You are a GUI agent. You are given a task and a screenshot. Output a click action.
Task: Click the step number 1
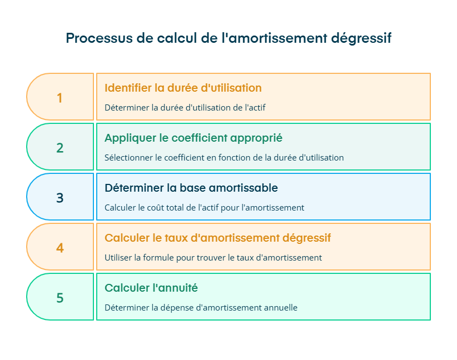click(x=59, y=98)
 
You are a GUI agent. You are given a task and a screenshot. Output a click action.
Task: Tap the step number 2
click(x=59, y=148)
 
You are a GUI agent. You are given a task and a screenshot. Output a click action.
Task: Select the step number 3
click(x=59, y=198)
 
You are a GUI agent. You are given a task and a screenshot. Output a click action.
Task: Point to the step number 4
click(x=59, y=248)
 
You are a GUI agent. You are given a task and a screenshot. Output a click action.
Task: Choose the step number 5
click(x=59, y=298)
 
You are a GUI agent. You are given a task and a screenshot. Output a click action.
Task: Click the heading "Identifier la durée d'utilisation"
click(x=183, y=88)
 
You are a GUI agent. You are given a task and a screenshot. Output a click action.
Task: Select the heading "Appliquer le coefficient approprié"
click(x=193, y=138)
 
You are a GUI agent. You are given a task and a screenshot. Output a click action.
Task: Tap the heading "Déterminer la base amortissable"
click(x=191, y=188)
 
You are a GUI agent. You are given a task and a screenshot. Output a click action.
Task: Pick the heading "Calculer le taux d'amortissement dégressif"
click(x=217, y=238)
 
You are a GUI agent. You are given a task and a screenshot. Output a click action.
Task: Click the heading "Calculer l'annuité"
click(x=151, y=288)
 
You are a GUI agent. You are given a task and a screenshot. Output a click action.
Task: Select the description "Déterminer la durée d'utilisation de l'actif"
click(x=185, y=108)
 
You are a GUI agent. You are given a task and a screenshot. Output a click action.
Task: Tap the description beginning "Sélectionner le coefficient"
click(x=224, y=158)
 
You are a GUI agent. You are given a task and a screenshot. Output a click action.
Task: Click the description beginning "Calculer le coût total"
click(x=204, y=208)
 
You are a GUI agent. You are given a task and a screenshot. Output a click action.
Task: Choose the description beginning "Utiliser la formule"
click(x=213, y=258)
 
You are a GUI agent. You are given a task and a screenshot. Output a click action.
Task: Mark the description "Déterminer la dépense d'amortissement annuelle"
click(x=201, y=308)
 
